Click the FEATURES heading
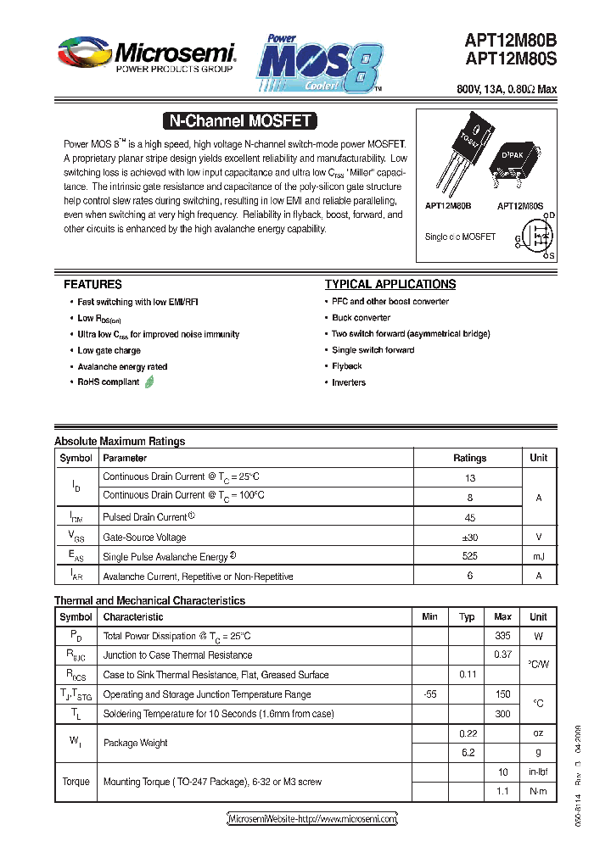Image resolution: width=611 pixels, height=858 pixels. click(92, 285)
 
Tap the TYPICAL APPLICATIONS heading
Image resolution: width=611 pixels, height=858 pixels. click(390, 285)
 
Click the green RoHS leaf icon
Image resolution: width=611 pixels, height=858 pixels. click(149, 382)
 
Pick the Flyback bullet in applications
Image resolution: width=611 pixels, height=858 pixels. click(347, 366)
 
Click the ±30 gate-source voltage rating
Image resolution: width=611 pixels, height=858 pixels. click(469, 537)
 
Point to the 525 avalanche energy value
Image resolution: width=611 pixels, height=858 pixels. click(469, 556)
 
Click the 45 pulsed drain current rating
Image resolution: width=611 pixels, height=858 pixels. click(469, 517)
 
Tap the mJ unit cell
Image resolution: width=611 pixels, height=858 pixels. click(538, 556)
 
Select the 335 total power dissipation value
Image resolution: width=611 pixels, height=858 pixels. click(502, 636)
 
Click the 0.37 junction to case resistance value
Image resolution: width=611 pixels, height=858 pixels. click(502, 655)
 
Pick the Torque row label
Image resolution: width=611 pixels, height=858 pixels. click(76, 782)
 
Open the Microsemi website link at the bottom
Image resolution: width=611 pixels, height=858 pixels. click(313, 819)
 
